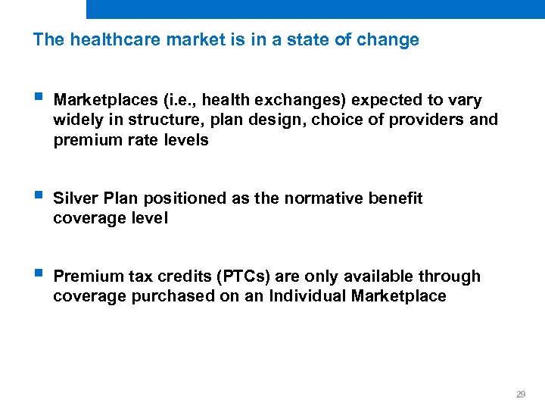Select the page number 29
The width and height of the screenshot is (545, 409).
pos(520,395)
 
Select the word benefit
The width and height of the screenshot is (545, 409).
pos(396,198)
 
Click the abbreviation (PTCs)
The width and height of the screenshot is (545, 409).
pos(229,276)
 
